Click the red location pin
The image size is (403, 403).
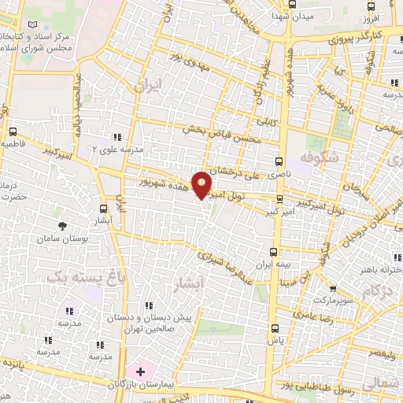click(203, 185)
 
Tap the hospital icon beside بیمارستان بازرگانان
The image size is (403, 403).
click(142, 370)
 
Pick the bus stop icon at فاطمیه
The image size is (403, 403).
click(13, 131)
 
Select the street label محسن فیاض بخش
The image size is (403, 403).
click(216, 129)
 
